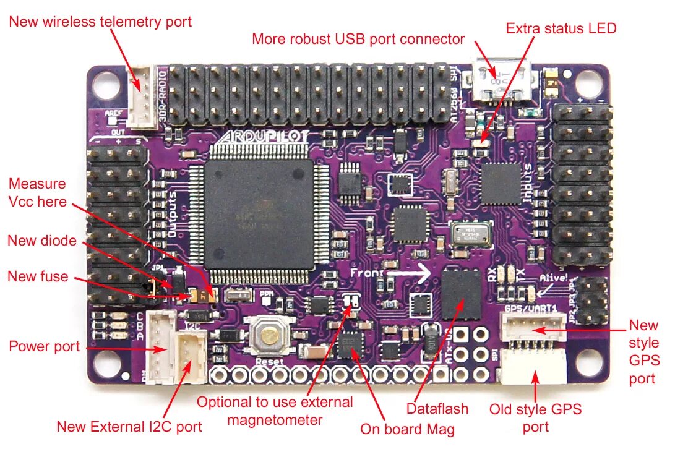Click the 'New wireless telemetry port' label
coord(101,22)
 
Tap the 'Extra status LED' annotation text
coord(561,28)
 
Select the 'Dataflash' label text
coord(437,409)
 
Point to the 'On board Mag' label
coord(407,429)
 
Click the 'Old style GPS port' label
coord(535,417)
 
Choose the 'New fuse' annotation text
coord(38,276)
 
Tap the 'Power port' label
coord(44,346)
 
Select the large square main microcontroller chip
coord(260,208)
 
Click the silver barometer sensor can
coord(471,234)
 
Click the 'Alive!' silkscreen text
coord(553,279)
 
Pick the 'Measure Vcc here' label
coord(37,192)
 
